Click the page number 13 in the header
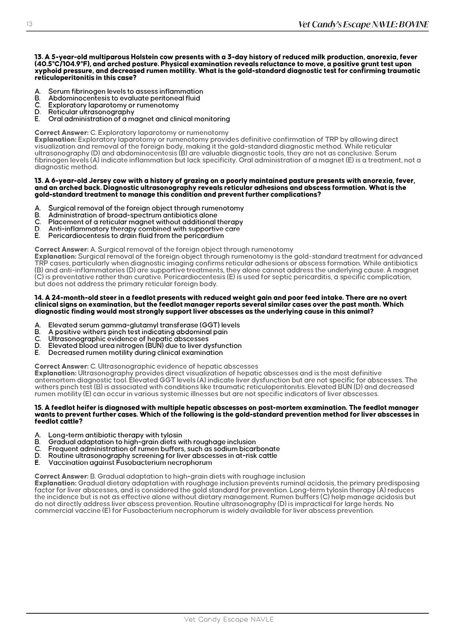coord(29,24)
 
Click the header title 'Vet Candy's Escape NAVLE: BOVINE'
coord(363,25)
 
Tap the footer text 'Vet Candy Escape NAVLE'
coord(229,620)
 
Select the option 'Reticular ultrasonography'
coord(91,112)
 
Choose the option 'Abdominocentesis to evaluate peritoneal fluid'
coord(124,98)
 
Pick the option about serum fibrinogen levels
coord(125,91)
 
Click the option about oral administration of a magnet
coord(139,119)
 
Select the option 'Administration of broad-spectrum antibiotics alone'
coord(133,215)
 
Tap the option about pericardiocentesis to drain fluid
coord(136,236)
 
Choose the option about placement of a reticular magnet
coord(146,222)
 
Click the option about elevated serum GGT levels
coord(144,325)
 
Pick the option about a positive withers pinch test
coord(138,332)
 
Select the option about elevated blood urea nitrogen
coord(145,346)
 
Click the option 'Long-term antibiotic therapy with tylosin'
coord(115,435)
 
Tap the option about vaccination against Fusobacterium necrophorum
coord(130,463)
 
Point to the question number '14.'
coord(39,298)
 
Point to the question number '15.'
coord(39,408)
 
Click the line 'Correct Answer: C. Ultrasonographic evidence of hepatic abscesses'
coord(146,366)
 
